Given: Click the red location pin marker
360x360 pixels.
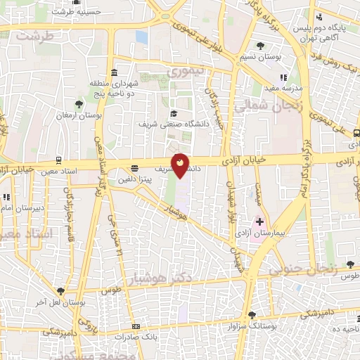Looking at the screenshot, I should (181, 165).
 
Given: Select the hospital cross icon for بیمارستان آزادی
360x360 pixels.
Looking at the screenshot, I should (259, 222).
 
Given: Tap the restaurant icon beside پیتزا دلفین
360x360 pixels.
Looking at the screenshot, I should (134, 168).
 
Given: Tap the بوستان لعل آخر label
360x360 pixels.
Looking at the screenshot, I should (60, 301).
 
